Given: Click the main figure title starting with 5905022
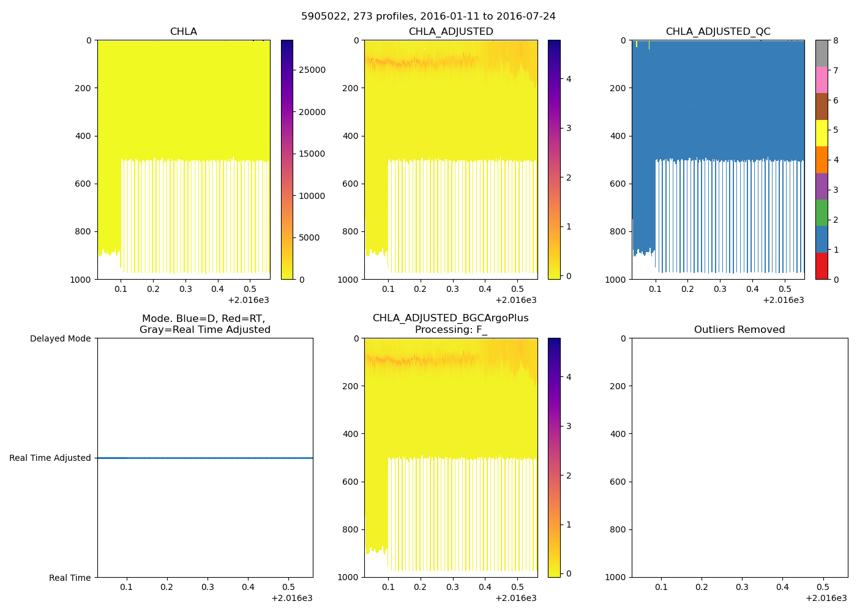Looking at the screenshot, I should coord(428,17).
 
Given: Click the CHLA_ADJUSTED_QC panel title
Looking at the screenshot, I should coord(718,32).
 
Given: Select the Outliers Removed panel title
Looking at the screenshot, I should coord(739,330).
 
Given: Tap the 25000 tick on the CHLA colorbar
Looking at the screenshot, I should coord(312,70).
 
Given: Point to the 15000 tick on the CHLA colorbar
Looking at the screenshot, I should coord(312,154).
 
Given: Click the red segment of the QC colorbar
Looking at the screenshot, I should coord(821,266).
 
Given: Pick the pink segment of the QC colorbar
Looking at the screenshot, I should coord(821,80).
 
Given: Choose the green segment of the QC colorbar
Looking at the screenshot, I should coord(821,213).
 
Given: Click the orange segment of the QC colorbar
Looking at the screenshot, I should coord(821,160).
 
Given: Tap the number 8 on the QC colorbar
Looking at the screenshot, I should coord(836,41).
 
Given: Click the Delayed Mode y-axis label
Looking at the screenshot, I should coord(60,339).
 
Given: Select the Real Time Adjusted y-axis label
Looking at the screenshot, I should coord(50,458).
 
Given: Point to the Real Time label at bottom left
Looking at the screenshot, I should coord(70,578).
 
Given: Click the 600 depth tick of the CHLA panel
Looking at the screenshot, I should coord(84,184).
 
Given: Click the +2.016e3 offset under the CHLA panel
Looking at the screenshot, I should coord(248,300).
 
